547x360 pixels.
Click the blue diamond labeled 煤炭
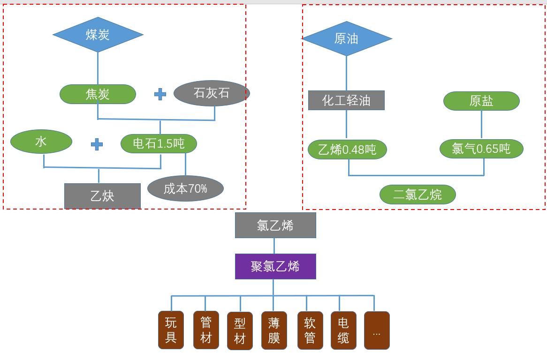(x=98, y=35)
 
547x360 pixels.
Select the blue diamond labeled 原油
(x=346, y=38)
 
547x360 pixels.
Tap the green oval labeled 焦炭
(x=98, y=94)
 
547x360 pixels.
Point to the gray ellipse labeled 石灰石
(x=212, y=93)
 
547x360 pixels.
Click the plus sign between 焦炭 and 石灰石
(x=160, y=94)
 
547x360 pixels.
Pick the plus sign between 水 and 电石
(x=97, y=144)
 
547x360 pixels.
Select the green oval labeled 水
(x=41, y=142)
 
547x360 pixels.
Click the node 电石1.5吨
(x=159, y=143)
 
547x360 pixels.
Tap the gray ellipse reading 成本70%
(x=185, y=188)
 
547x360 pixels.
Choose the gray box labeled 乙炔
(x=102, y=195)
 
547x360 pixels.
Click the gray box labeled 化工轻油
(x=346, y=100)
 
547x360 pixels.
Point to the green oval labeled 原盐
(x=481, y=101)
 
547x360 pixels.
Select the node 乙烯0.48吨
(x=347, y=150)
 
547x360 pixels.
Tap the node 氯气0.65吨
(x=481, y=149)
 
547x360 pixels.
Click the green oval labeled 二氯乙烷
(x=418, y=195)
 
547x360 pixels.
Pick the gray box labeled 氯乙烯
(x=275, y=225)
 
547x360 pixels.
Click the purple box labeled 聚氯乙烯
(x=275, y=266)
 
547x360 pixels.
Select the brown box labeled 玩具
(x=171, y=330)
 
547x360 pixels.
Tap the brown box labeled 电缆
(x=343, y=330)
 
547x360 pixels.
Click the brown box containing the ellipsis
(x=377, y=330)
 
